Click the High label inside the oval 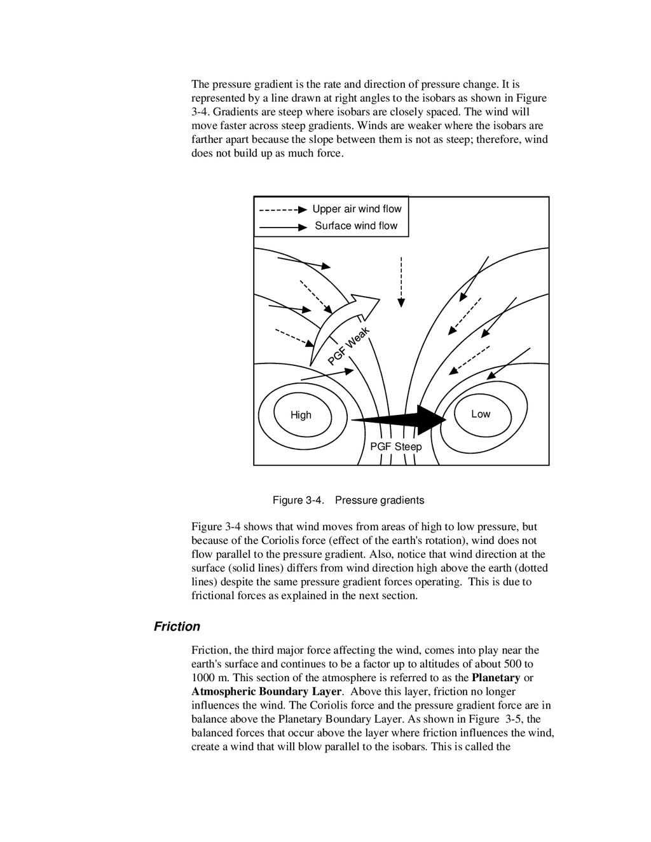301,415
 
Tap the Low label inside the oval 481,414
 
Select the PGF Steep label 395,447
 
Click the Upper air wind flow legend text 357,209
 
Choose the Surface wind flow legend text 356,226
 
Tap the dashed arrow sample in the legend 283,209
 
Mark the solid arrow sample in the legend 283,226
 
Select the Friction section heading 177,627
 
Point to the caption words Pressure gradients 380,500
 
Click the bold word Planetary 496,677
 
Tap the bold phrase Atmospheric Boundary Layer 267,691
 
